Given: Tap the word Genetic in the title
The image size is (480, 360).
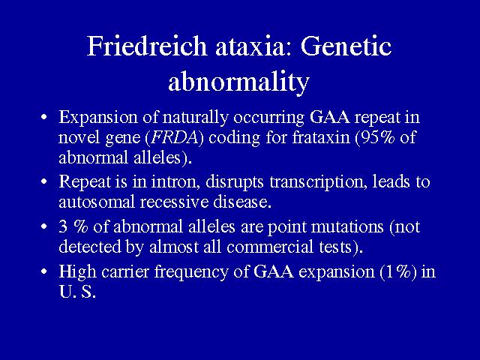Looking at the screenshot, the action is pos(346,46).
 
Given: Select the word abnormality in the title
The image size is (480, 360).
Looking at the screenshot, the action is pos(238,81).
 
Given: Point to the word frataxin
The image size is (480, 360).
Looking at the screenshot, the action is pos(321,136).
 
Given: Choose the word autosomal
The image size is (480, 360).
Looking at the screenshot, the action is pos(97,202).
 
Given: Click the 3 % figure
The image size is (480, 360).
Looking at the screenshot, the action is pos(73,226).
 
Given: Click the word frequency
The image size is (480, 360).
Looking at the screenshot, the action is pos(191,272).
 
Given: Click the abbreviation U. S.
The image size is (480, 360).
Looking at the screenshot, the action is pos(77,292).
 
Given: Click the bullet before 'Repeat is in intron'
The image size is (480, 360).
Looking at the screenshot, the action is pos(44,181).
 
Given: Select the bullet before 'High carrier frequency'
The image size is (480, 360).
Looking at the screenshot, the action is pos(44,271).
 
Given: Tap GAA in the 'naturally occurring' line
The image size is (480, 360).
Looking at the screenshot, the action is pos(329,117).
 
